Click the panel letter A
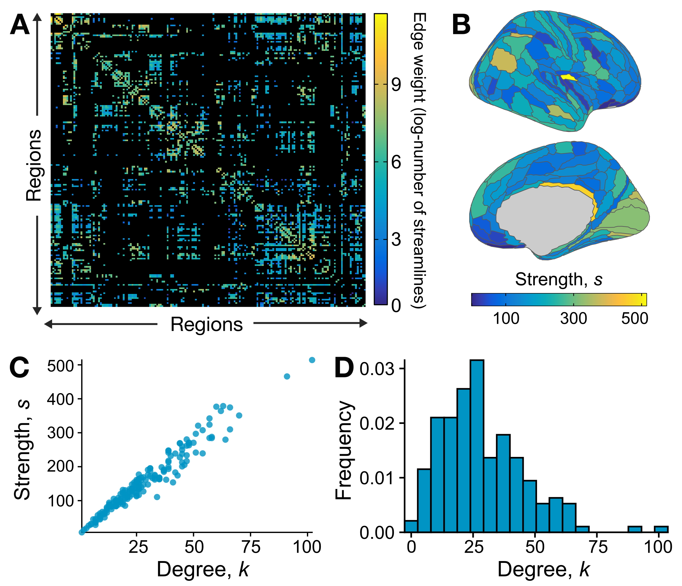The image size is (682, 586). [x=20, y=25]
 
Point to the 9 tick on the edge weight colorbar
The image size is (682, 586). [x=396, y=84]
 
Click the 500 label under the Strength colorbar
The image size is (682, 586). [x=634, y=318]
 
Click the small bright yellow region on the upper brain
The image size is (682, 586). [x=568, y=77]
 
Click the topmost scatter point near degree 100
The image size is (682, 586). [x=312, y=360]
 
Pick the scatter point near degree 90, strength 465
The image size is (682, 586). [x=287, y=376]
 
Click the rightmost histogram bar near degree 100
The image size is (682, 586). [x=661, y=529]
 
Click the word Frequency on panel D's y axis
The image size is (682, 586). [x=344, y=450]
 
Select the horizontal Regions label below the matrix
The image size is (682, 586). [x=206, y=324]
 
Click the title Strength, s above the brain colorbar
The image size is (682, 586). [x=559, y=279]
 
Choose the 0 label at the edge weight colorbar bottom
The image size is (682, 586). [x=396, y=306]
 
